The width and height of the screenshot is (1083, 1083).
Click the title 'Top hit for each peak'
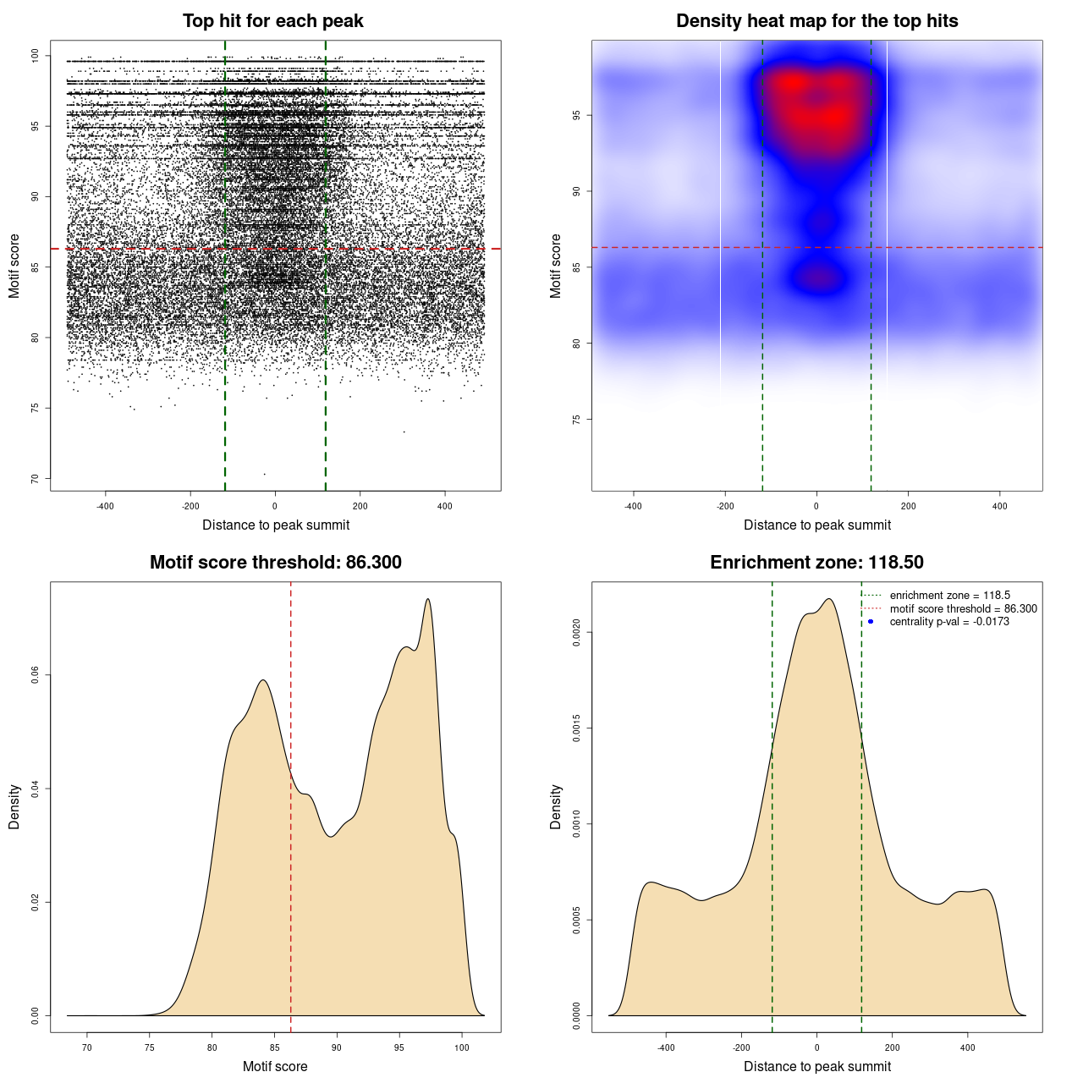click(x=272, y=21)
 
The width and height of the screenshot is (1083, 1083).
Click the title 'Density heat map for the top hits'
click(x=816, y=21)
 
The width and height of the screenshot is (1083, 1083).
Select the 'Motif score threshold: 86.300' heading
click(x=275, y=563)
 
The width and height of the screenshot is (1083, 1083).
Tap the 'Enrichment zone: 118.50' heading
click(x=816, y=563)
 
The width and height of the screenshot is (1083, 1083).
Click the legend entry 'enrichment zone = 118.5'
click(x=949, y=596)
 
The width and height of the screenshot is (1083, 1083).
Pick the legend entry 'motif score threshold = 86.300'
click(x=963, y=609)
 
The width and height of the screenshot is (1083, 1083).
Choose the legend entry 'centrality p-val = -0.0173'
click(x=949, y=622)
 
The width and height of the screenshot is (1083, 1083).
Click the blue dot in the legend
click(x=871, y=622)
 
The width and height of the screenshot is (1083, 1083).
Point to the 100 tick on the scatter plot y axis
click(x=36, y=56)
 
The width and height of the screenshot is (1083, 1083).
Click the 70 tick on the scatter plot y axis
click(x=36, y=479)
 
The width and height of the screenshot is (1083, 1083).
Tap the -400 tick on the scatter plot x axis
click(x=105, y=506)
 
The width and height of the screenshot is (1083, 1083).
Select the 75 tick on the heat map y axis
click(x=577, y=420)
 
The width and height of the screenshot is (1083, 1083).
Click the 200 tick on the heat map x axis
click(x=908, y=506)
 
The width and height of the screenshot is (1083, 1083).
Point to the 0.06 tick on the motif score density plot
click(x=36, y=675)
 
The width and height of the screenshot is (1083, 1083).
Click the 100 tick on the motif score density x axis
click(x=461, y=1047)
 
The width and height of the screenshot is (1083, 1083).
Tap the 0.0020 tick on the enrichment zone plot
click(x=577, y=632)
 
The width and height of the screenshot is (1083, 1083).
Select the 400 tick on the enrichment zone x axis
click(x=968, y=1047)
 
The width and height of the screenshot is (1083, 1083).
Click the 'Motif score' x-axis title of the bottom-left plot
click(x=275, y=1066)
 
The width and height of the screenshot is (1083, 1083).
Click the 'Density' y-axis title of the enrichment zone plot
click(x=556, y=806)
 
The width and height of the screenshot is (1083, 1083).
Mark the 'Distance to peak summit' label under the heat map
click(x=816, y=525)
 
